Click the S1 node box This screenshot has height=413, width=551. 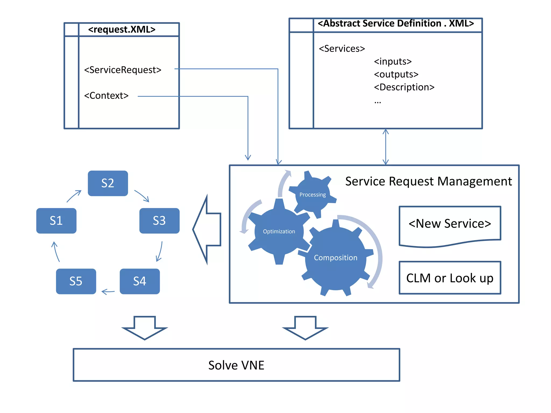pos(56,221)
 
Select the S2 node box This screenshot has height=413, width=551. pos(108,183)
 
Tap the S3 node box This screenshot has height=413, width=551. pos(159,221)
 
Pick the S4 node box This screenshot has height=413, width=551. pos(140,281)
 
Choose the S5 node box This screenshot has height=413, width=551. pos(76,281)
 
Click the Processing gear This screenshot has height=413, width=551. pos(312,195)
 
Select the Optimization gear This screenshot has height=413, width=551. pos(279,232)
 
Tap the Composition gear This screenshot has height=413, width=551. pos(335,258)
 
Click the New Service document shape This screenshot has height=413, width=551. pos(450,224)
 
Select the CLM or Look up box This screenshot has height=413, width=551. pos(450,278)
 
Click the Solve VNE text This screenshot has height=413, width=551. pos(236,365)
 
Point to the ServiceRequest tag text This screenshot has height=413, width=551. pos(123,70)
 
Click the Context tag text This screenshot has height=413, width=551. pos(106,96)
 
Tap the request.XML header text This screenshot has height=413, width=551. pos(122,29)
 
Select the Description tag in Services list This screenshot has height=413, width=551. pos(404,87)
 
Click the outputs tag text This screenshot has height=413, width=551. pos(396,74)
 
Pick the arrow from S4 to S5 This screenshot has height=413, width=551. pos(108,292)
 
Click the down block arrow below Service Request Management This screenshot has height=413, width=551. pos(305,328)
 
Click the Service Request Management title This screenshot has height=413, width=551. pos(428,181)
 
